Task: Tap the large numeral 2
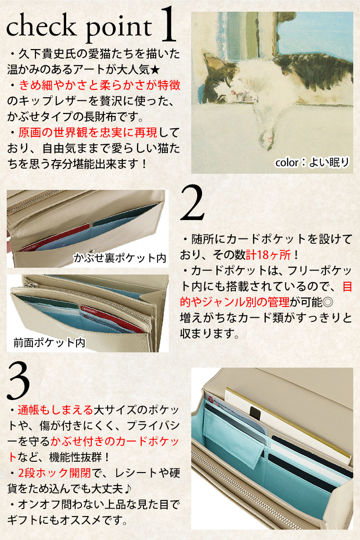tap(192, 202)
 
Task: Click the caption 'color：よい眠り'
tap(312, 162)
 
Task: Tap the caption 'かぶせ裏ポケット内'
tap(120, 258)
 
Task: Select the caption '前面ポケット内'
tap(49, 342)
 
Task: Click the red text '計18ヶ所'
tap(268, 255)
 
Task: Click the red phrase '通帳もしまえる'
tap(55, 410)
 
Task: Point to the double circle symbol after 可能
tap(328, 302)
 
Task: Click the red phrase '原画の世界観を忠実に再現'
tap(88, 132)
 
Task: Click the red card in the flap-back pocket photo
tap(55, 238)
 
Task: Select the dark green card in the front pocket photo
tap(48, 302)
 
